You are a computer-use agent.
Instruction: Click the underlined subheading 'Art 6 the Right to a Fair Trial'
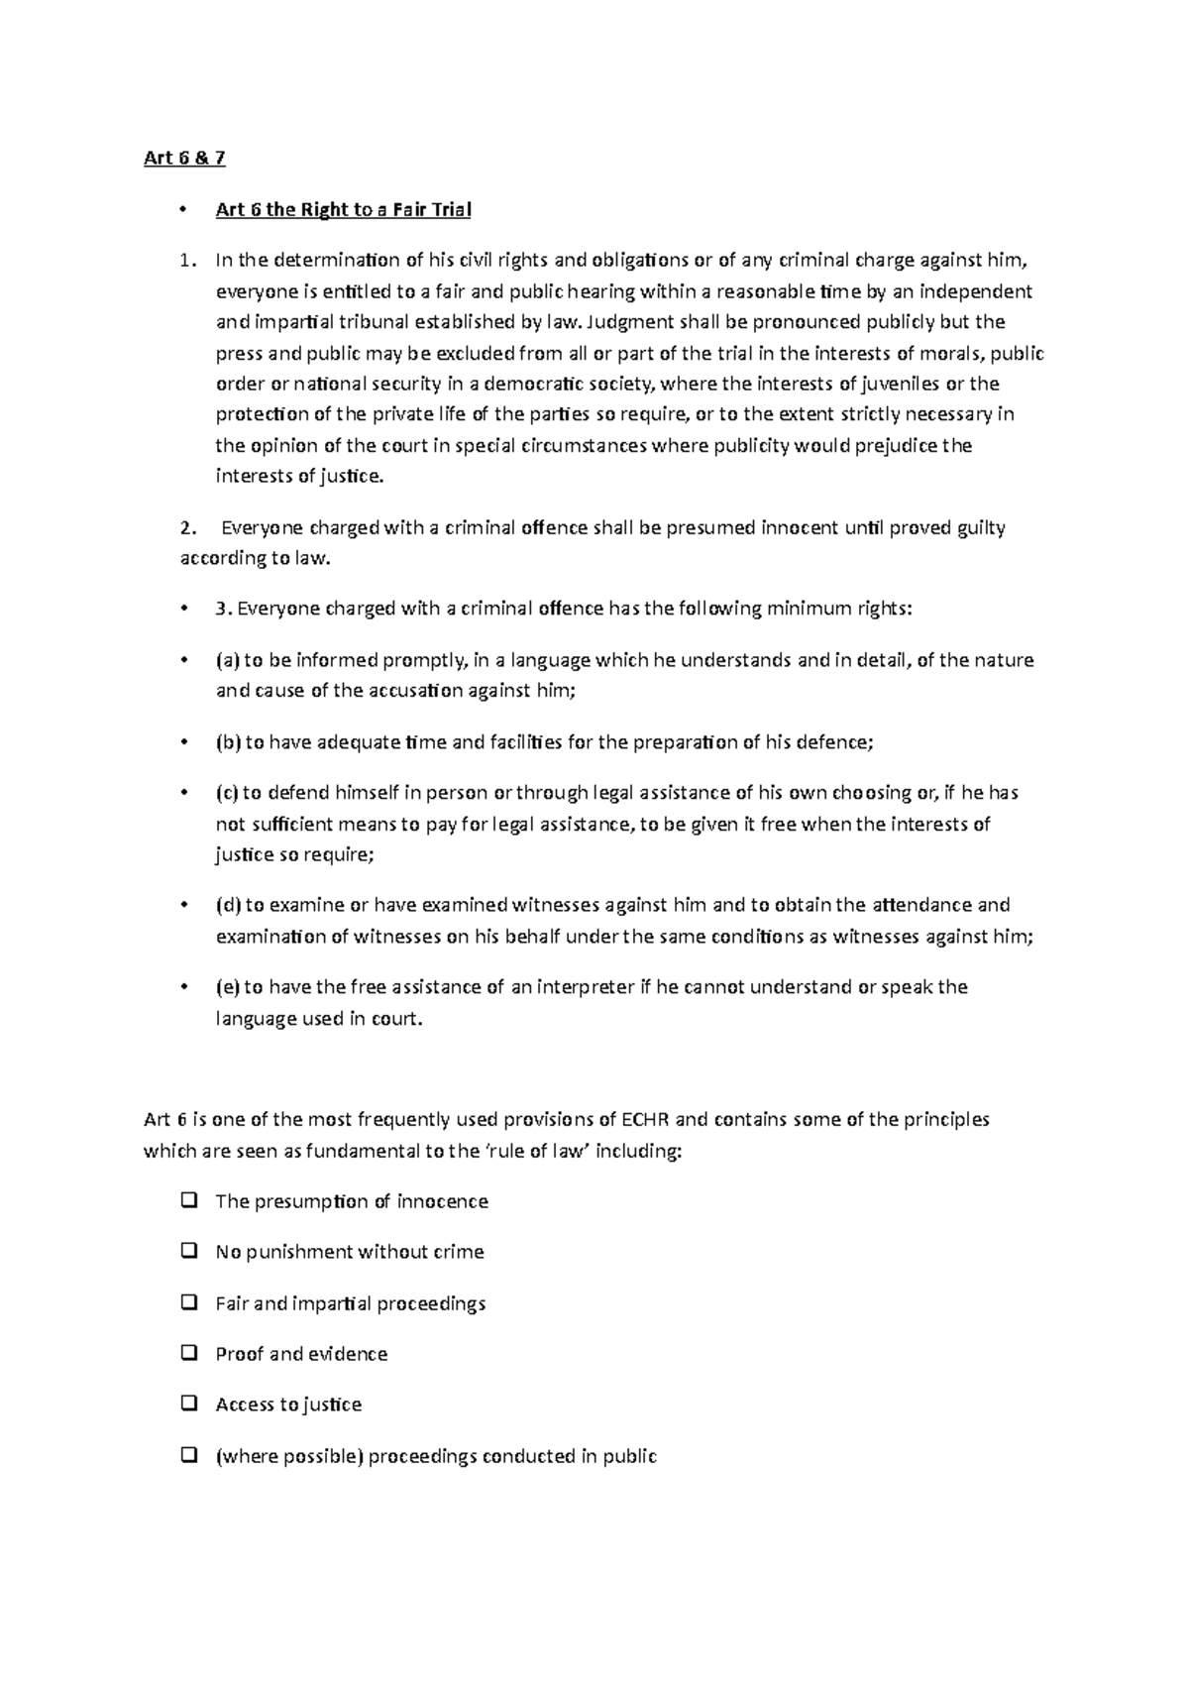343,209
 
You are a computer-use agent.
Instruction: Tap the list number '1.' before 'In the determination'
186,261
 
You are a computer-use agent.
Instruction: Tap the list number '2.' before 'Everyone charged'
186,527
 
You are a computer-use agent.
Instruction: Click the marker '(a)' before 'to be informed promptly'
227,660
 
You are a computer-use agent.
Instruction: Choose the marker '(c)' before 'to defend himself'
227,793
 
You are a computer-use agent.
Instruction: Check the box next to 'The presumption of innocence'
187,1201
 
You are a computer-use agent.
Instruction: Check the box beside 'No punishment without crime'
187,1252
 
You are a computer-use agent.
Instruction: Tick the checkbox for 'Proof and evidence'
187,1353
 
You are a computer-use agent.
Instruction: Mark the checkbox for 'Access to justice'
187,1403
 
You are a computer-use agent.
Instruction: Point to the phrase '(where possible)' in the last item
289,1456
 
